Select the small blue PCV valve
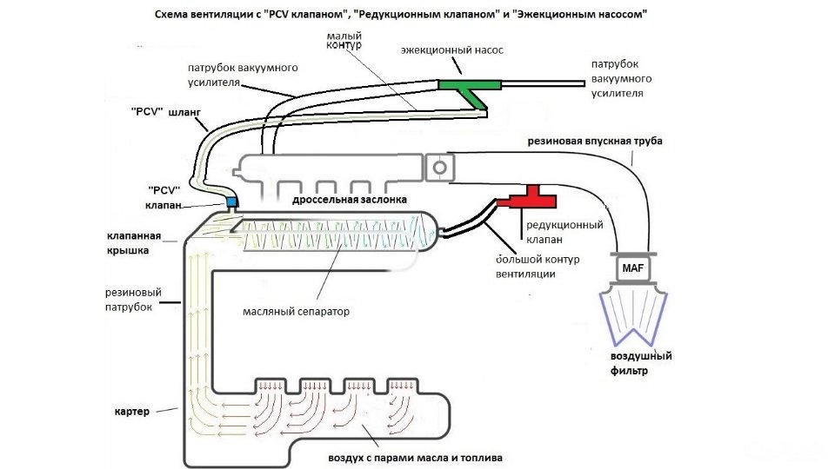(231, 201)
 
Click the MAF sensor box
(632, 269)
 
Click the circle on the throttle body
(439, 166)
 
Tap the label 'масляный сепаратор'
(297, 310)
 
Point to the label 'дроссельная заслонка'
(350, 200)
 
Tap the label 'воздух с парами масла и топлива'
(416, 457)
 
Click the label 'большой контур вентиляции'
(538, 267)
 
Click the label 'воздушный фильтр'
(641, 363)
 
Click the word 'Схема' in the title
(175, 16)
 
